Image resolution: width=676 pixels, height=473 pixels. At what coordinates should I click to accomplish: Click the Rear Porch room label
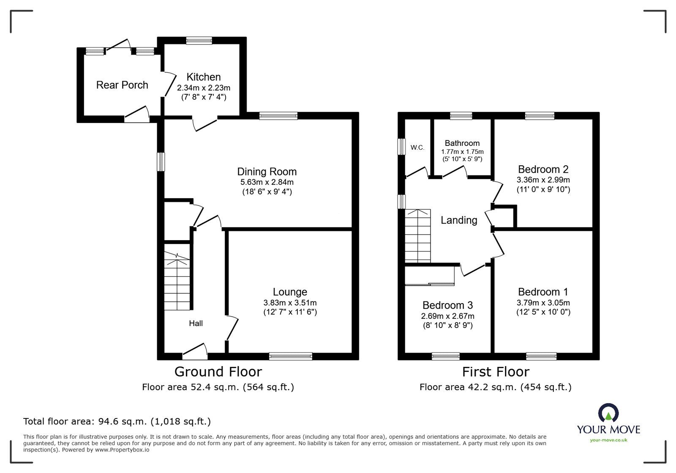122,85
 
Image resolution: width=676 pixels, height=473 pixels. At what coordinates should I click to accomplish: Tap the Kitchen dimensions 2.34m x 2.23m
203,88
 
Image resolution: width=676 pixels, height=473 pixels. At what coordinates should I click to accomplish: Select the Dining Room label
267,172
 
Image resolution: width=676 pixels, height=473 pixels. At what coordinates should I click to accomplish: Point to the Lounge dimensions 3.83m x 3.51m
290,303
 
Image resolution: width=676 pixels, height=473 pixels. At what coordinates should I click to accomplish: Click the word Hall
196,323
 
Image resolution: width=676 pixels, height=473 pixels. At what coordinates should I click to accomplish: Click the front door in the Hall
194,350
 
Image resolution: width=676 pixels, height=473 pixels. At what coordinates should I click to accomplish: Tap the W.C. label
417,148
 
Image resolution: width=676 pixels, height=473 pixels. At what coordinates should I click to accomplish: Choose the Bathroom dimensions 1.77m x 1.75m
462,152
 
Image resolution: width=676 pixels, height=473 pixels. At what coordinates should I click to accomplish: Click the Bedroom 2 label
543,170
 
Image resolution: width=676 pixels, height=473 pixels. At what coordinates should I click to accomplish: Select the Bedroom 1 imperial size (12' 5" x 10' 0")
543,312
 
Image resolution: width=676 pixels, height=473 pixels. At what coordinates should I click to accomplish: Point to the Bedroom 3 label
447,305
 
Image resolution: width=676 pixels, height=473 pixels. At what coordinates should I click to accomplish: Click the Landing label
459,220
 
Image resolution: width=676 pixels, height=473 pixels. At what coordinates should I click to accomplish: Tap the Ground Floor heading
218,372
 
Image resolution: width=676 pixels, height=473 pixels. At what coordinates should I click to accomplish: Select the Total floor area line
117,421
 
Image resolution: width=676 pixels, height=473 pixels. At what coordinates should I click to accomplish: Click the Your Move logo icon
608,413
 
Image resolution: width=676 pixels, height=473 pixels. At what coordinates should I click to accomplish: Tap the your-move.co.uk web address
608,440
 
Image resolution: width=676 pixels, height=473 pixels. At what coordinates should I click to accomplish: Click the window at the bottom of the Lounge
291,356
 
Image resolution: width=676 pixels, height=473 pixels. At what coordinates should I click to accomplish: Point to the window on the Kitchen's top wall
199,41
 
